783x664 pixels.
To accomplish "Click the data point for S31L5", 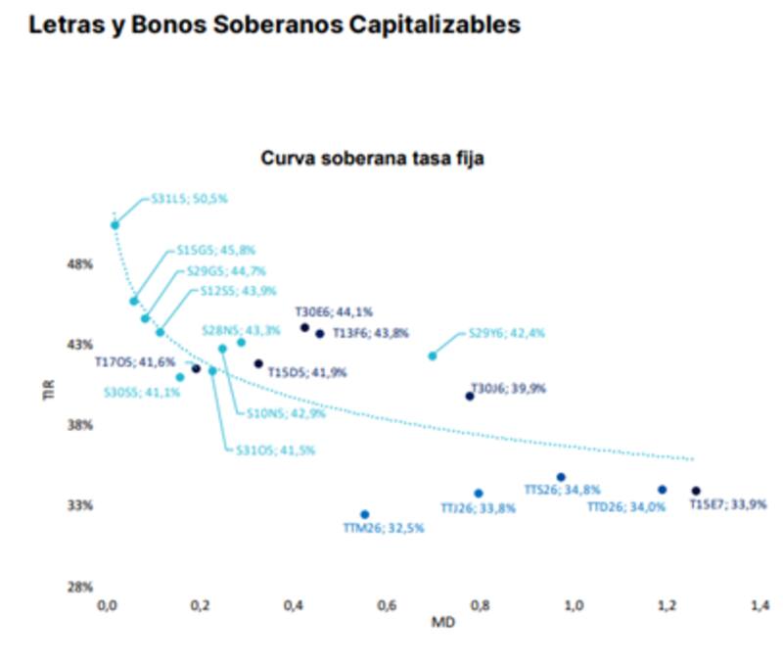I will pos(115,225).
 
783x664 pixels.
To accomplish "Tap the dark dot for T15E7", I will pos(696,491).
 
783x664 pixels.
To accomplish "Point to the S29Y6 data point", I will pos(433,356).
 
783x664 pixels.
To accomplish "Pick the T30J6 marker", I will pos(470,396).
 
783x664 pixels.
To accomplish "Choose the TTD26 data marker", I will pos(663,490).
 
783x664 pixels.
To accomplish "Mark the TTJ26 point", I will pos(479,494).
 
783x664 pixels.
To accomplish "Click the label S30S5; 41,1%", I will pos(143,392).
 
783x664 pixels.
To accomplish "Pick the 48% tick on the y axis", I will pos(80,264).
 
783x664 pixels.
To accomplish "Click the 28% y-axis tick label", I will pos(80,587).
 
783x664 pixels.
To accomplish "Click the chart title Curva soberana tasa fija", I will pos(372,157).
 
